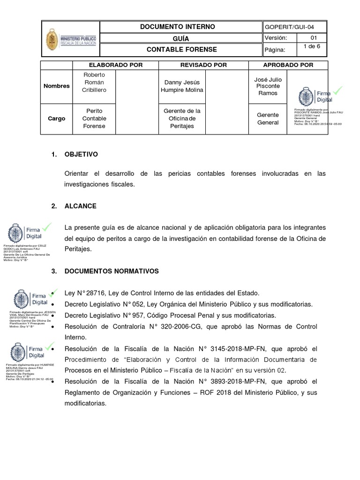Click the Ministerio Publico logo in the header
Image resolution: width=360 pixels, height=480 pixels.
(71, 39)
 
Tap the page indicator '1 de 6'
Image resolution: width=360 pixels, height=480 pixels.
(312, 46)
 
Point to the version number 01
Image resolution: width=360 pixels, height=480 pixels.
(314, 38)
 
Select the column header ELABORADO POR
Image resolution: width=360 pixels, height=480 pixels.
(112, 65)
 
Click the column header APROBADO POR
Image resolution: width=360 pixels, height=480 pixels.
(288, 65)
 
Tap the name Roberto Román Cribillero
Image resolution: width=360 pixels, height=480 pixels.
(94, 82)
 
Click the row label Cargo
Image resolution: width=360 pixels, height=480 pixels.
(56, 119)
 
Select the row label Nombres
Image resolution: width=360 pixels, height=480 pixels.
(56, 86)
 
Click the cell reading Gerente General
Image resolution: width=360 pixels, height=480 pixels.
(268, 119)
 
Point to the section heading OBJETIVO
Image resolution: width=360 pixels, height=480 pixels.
(81, 154)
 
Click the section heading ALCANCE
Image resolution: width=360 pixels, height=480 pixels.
(80, 206)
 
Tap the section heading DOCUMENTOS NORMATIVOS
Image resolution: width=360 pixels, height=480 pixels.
(112, 271)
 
